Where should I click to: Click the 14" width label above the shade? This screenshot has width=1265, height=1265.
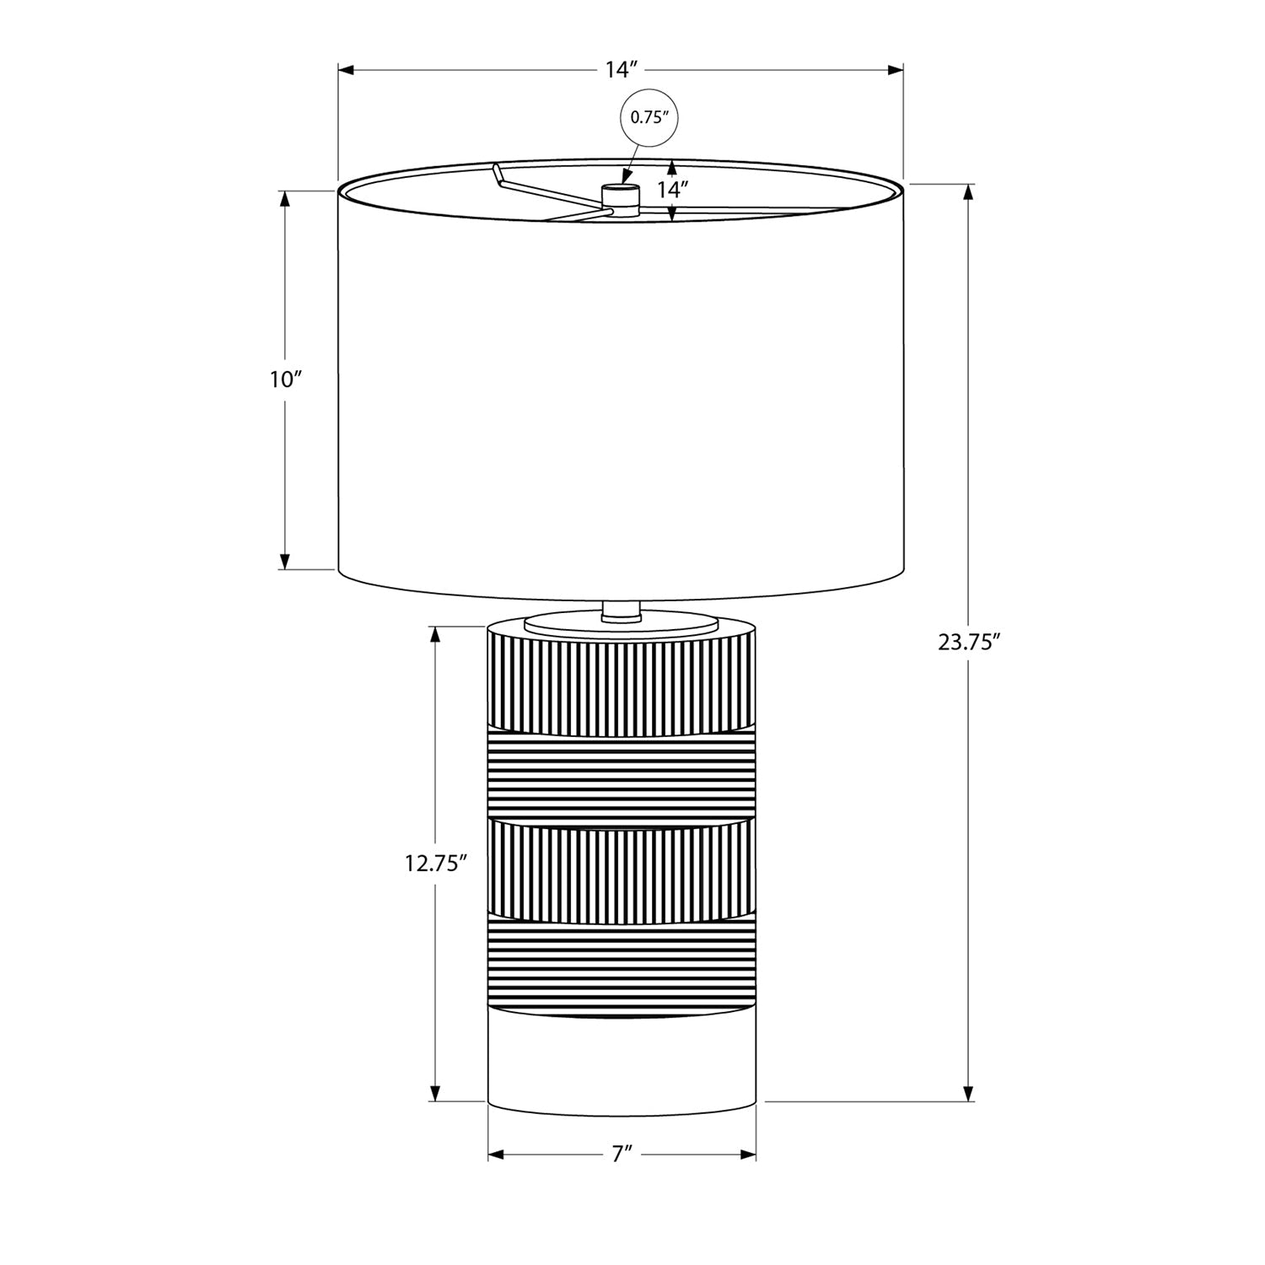click(x=620, y=70)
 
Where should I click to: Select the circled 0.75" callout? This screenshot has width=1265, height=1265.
click(x=649, y=118)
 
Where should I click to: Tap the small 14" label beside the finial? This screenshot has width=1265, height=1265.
click(x=674, y=190)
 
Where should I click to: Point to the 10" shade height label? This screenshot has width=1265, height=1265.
click(x=286, y=379)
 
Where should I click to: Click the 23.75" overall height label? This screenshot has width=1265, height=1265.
click(x=969, y=643)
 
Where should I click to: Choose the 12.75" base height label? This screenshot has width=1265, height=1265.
click(x=435, y=863)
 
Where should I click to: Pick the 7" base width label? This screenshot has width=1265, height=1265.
click(x=622, y=1155)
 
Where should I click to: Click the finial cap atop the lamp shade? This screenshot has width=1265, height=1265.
click(x=620, y=196)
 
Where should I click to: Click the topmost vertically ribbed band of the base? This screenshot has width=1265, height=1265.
click(x=622, y=683)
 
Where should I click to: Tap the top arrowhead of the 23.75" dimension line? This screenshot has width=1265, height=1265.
click(x=969, y=191)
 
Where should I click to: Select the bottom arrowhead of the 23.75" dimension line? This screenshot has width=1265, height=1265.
click(x=969, y=1093)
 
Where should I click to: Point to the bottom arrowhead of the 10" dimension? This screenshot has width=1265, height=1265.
click(x=285, y=561)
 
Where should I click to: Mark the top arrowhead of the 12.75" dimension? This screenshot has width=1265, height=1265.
click(x=435, y=634)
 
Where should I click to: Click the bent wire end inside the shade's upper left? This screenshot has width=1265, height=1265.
click(x=498, y=175)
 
